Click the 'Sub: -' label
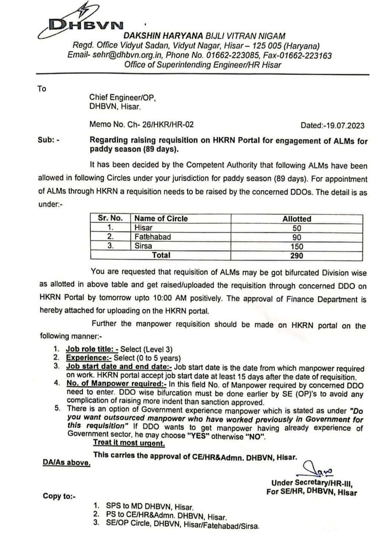(x=48, y=140)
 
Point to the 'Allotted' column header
(x=296, y=219)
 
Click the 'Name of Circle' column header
(x=161, y=218)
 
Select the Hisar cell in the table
(x=143, y=228)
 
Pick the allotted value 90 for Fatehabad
(x=296, y=237)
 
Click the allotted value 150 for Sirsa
(x=296, y=247)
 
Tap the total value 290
(x=296, y=255)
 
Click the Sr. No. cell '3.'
(x=110, y=246)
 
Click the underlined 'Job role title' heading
(x=92, y=349)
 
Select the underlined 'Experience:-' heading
(x=89, y=358)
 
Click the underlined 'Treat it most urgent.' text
(x=129, y=443)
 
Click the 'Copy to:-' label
(x=59, y=496)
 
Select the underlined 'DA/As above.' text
(x=66, y=463)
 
